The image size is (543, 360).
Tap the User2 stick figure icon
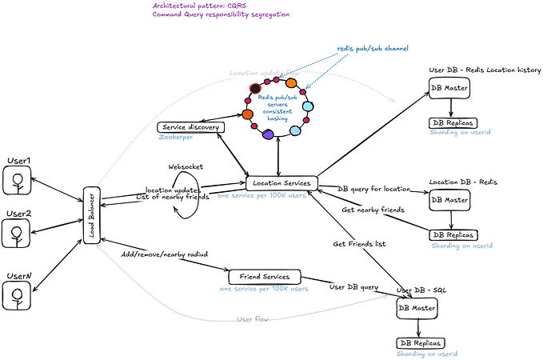click(16, 234)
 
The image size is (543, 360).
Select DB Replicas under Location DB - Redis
click(453, 235)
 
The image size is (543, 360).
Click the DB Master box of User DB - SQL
click(417, 307)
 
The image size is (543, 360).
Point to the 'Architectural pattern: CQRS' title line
click(199, 6)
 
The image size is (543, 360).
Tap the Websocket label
click(185, 166)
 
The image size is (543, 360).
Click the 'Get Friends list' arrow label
click(359, 242)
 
